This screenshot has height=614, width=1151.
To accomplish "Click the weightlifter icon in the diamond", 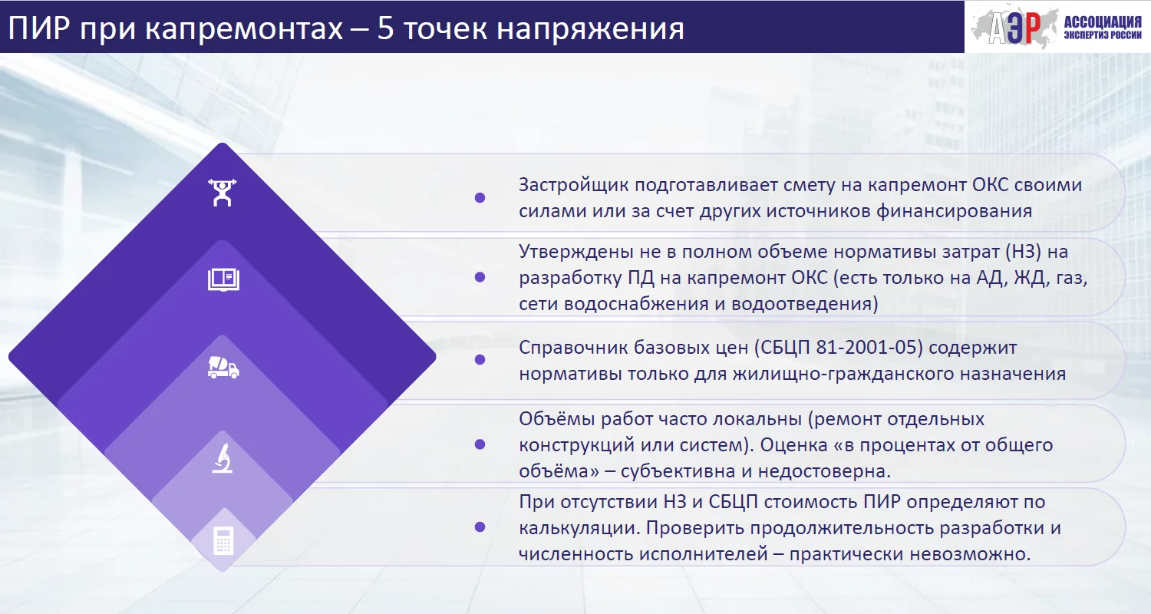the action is point(222,193).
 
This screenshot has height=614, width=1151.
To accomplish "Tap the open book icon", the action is point(223,279).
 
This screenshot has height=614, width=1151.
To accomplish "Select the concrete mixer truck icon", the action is point(223,368).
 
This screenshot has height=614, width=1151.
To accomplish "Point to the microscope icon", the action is point(223,458).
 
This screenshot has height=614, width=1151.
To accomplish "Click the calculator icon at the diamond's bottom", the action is point(223,541).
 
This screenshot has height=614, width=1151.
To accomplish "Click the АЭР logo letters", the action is point(1014,28).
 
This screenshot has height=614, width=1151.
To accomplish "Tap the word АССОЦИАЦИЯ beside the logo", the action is point(1102,22).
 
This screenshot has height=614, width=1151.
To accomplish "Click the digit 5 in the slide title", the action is point(385,28).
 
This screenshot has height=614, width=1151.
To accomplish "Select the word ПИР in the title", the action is point(39,28).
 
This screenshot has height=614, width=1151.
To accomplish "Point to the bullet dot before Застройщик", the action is point(480,198).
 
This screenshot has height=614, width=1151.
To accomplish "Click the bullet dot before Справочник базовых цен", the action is point(480,360).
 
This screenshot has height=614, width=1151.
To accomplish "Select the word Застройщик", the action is point(573,186).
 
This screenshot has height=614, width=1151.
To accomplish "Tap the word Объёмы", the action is point(556,419).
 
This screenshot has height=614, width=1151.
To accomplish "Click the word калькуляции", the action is point(579,528).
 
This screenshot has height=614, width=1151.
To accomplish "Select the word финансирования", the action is point(955,211).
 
